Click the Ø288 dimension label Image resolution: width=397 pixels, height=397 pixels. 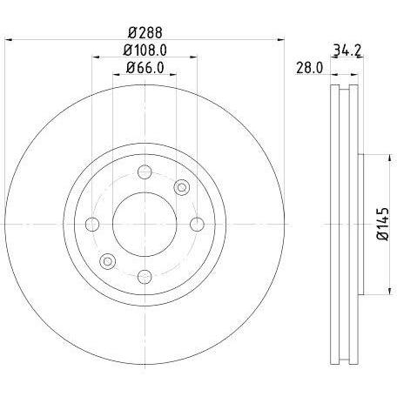pyautogui.click(x=145, y=33)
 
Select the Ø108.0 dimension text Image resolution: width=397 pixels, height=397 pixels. pyautogui.click(x=145, y=50)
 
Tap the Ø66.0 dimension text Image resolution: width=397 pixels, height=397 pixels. pyautogui.click(x=145, y=68)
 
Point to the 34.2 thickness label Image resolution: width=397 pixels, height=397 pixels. pyautogui.click(x=347, y=50)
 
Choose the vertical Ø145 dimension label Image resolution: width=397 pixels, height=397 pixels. pyautogui.click(x=382, y=224)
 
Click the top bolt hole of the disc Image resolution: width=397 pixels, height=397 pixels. pyautogui.click(x=145, y=172)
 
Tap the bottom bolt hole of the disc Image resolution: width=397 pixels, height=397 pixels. pyautogui.click(x=145, y=277)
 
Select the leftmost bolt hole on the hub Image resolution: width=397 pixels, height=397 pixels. pyautogui.click(x=92, y=224)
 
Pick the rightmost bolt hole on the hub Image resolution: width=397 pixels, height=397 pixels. pyautogui.click(x=197, y=224)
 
